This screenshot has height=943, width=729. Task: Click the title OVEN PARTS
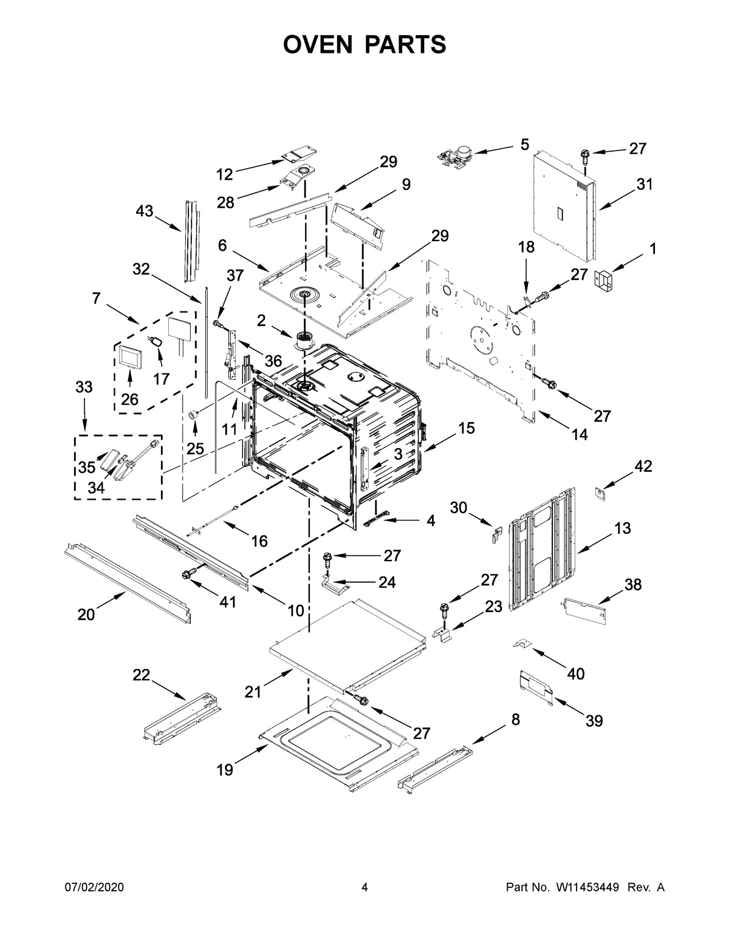[364, 44]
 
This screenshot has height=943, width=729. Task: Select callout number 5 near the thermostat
[524, 145]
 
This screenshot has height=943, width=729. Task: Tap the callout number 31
[645, 184]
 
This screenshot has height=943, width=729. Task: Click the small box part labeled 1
[604, 280]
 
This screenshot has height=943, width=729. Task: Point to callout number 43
[145, 211]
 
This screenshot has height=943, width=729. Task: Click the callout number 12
[225, 174]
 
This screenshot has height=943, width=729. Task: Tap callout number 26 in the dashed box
[129, 399]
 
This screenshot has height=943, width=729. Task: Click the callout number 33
[84, 387]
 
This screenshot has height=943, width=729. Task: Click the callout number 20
[86, 614]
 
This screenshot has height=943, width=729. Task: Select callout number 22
[142, 675]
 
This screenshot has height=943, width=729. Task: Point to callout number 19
[225, 770]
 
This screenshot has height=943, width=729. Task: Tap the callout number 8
[515, 720]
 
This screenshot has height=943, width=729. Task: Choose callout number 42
[643, 466]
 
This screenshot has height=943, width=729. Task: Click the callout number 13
[623, 528]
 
